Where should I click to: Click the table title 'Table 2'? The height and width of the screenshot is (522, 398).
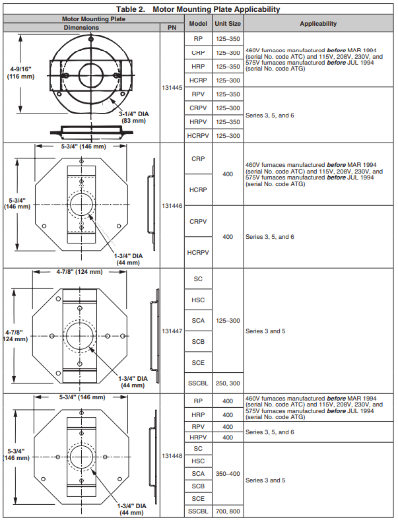pos(197,9)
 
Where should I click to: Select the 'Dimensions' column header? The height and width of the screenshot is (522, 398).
pos(81,28)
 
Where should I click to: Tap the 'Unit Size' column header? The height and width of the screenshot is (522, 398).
pos(227,23)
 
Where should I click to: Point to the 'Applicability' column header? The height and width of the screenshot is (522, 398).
pos(318,23)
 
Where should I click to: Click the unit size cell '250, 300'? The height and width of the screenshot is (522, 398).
pos(227,383)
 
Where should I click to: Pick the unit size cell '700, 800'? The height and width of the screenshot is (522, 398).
pos(227,511)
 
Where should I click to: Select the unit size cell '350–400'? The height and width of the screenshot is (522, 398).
pos(227,474)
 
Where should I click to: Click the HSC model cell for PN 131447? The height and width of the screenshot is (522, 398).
pos(198,300)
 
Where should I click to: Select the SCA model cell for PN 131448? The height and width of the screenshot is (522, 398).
pos(198,474)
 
